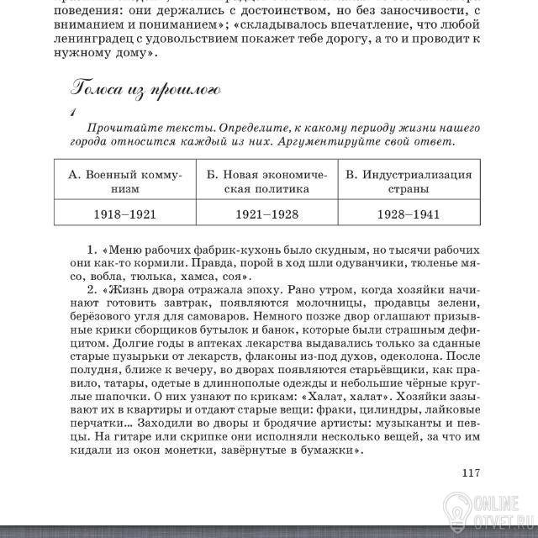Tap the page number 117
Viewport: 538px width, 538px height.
click(x=470, y=472)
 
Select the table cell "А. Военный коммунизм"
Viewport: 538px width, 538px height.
click(x=124, y=182)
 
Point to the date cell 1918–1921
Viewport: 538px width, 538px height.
click(x=124, y=214)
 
